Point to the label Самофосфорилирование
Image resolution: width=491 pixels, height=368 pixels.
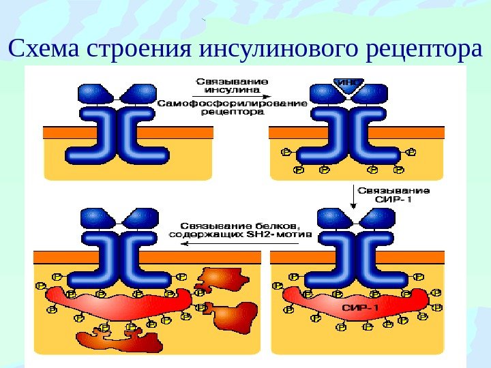coord(233,103)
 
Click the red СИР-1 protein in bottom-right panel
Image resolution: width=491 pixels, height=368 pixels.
coord(355,305)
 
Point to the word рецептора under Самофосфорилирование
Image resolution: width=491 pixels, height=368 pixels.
coord(233,113)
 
